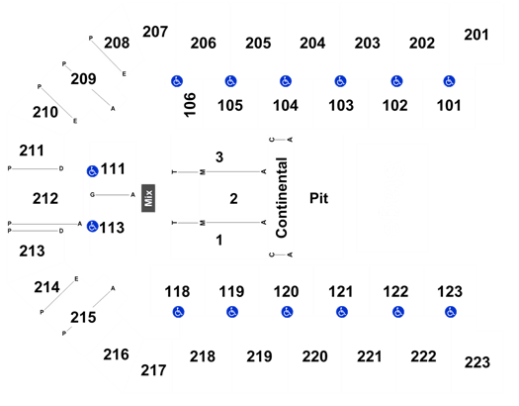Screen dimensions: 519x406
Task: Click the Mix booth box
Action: [x=148, y=198]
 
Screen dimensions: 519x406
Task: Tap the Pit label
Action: [x=318, y=198]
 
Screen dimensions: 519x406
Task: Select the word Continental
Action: [x=282, y=197]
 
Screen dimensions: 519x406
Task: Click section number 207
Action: [x=155, y=32]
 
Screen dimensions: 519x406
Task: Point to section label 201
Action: [x=476, y=35]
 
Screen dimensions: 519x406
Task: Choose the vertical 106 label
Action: [x=190, y=105]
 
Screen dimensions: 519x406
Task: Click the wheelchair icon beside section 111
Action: [x=92, y=171]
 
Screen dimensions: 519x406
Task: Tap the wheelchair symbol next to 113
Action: [x=92, y=227]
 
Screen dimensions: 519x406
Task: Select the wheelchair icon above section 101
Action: [x=449, y=81]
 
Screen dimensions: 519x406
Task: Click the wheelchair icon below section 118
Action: [x=178, y=312]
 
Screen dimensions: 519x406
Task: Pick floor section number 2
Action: [x=233, y=199]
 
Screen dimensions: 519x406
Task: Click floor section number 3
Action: [x=219, y=157]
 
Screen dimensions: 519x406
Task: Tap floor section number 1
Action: [x=219, y=240]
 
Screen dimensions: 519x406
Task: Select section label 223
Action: [x=477, y=362]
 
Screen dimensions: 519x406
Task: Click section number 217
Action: [x=153, y=370]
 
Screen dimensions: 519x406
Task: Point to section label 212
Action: [x=45, y=199]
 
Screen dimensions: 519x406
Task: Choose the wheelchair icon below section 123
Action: [x=451, y=312]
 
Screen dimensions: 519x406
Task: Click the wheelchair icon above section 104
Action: [x=286, y=81]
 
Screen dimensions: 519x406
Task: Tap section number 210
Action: [x=45, y=112]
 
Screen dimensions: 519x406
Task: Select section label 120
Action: [x=286, y=292]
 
